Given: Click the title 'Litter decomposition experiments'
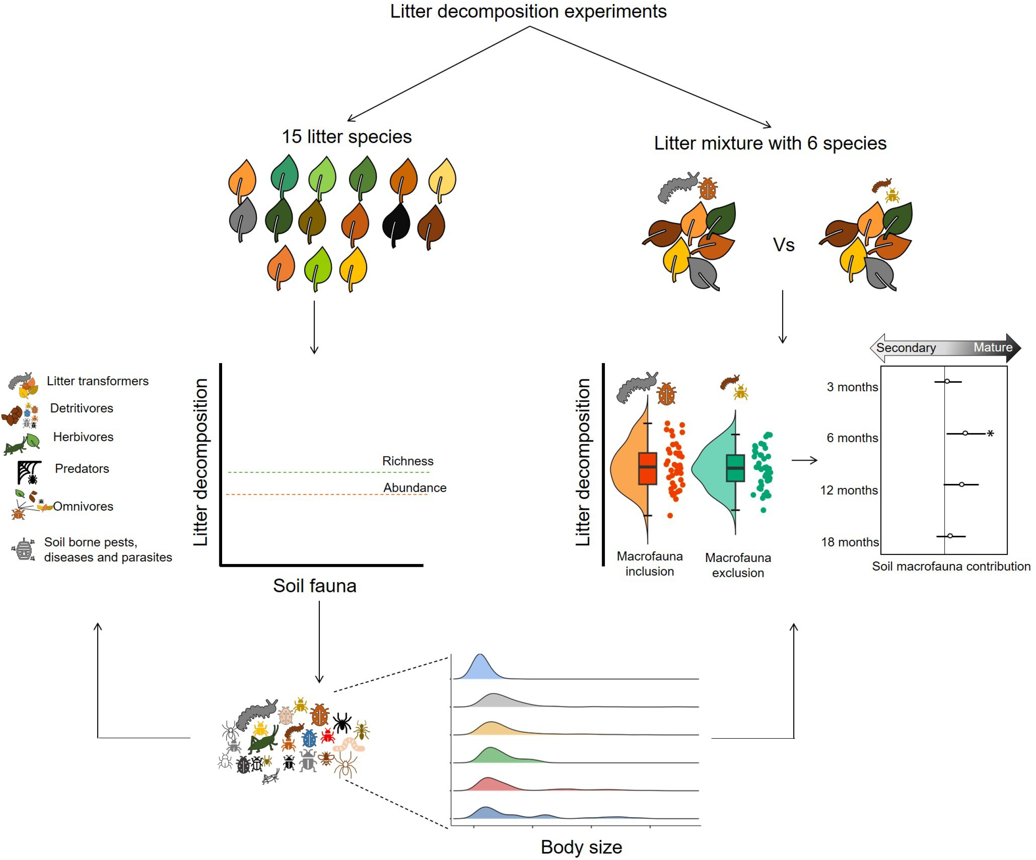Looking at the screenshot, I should (528, 11).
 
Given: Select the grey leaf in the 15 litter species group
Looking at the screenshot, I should (243, 218).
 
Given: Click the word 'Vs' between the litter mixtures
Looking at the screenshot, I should (784, 245).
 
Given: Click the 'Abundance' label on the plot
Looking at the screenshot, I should (414, 487).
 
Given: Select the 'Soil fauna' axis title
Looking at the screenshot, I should (315, 586).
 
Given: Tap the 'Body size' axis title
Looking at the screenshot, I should (581, 847).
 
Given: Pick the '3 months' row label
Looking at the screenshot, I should (852, 387).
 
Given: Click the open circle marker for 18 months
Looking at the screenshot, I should (950, 536).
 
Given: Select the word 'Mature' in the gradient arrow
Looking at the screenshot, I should (993, 347).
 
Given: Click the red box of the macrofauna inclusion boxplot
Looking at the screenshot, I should (647, 468).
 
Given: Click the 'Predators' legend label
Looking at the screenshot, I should (82, 468).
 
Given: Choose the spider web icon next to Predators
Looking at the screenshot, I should (29, 472).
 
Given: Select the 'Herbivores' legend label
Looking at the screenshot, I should (83, 437).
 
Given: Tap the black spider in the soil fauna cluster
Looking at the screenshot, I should (341, 723).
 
